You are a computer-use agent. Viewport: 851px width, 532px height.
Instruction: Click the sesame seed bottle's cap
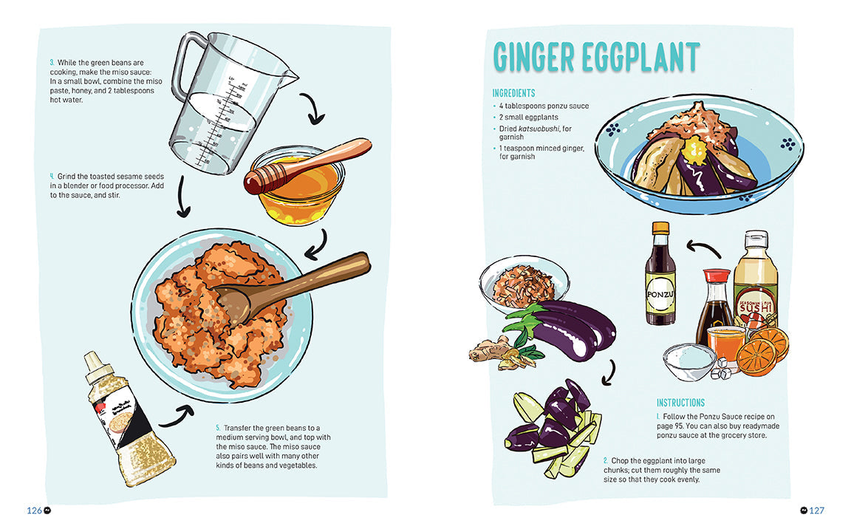point(94,363)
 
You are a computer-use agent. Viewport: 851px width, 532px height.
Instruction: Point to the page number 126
point(35,511)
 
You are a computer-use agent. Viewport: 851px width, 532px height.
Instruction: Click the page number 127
point(816,511)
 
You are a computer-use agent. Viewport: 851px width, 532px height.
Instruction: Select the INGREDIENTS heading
point(513,94)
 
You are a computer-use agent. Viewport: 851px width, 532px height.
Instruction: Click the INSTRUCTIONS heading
point(680,403)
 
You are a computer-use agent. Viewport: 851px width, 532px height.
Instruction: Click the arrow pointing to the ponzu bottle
point(702,247)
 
